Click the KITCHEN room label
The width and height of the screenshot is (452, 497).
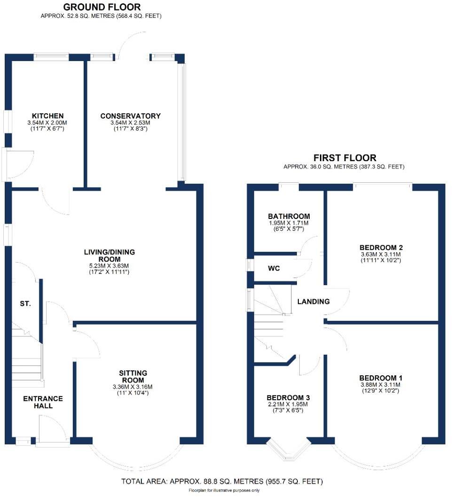(x=47, y=116)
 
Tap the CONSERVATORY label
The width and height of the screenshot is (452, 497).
(x=130, y=116)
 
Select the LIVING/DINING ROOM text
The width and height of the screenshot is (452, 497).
(x=113, y=256)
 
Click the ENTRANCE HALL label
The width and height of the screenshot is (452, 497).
(x=43, y=402)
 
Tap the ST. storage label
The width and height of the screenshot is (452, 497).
(x=25, y=304)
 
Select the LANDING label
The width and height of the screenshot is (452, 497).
(x=313, y=302)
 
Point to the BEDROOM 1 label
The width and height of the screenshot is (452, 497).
(x=381, y=378)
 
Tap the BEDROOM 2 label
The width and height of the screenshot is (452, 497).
(x=381, y=248)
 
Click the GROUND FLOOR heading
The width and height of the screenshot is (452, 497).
(x=101, y=7)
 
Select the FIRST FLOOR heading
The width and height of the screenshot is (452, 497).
(x=344, y=158)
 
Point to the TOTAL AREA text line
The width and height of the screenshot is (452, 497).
(x=222, y=481)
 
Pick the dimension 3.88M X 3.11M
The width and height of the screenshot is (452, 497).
(x=381, y=385)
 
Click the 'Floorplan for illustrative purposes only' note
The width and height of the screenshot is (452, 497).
(x=224, y=491)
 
